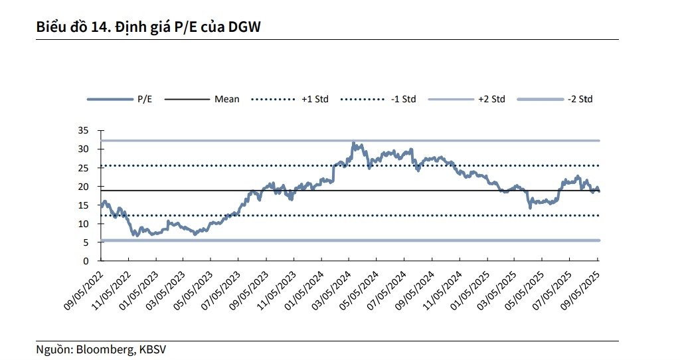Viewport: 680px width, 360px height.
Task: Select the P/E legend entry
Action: pyautogui.click(x=144, y=99)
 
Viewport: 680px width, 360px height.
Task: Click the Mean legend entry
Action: pyautogui.click(x=226, y=99)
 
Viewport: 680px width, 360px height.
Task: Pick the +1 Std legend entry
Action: pyautogui.click(x=314, y=99)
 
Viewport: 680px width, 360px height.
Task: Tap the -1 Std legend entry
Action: pyautogui.click(x=402, y=99)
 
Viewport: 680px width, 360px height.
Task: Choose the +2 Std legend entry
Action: pyautogui.click(x=491, y=99)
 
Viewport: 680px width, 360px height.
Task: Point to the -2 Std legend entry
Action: pyautogui.click(x=580, y=99)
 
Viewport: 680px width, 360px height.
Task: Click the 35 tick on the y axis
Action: pyautogui.click(x=84, y=131)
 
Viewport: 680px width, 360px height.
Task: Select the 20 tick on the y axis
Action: pyautogui.click(x=84, y=187)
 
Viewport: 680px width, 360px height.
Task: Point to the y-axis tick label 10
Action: pyautogui.click(x=84, y=225)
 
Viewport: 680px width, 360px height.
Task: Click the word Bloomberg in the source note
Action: pyautogui.click(x=107, y=349)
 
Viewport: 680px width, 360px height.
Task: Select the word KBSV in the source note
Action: pyautogui.click(x=151, y=349)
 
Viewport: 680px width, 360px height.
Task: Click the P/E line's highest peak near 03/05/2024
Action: pyautogui.click(x=353, y=143)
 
